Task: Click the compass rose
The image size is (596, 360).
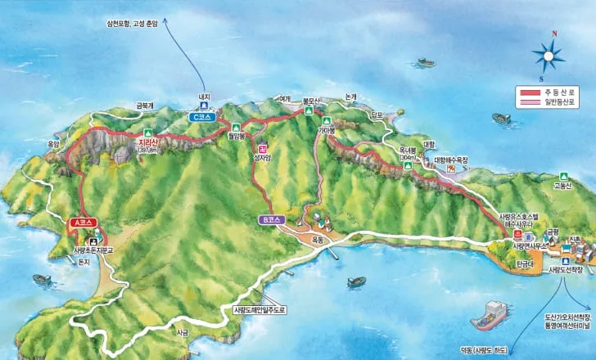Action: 549,55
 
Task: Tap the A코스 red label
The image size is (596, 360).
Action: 81,222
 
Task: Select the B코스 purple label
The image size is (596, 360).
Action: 270,219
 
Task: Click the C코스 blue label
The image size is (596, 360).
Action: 202,117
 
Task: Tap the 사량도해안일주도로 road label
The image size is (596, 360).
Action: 261,309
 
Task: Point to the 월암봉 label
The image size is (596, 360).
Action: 236,137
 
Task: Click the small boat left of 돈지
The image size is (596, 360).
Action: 41,280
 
